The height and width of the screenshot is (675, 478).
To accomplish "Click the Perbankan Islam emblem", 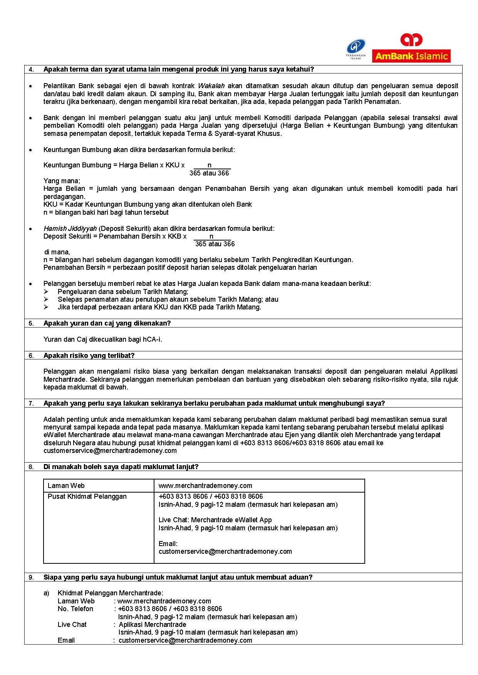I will (x=356, y=49).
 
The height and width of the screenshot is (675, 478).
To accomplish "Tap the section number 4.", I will (x=31, y=70).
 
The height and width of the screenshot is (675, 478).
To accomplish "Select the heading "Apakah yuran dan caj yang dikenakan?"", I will (x=107, y=323).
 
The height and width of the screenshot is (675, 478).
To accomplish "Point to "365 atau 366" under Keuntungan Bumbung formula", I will (x=209, y=173).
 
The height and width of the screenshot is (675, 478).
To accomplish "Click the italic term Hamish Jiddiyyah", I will (x=70, y=229).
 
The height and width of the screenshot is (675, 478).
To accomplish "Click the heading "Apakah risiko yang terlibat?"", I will (x=89, y=356).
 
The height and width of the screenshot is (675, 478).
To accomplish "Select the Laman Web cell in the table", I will (x=66, y=486).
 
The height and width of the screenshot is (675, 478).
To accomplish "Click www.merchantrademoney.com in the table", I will (x=205, y=486).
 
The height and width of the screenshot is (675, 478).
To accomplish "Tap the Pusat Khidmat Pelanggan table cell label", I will (x=87, y=496).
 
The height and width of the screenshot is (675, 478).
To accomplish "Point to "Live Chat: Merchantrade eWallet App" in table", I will (x=215, y=520).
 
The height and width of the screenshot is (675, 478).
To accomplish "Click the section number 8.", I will (x=31, y=467).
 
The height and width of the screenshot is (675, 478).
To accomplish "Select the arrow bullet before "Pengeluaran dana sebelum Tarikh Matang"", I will (x=46, y=292).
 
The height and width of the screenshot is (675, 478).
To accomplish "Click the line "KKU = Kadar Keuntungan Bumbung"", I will (x=148, y=204).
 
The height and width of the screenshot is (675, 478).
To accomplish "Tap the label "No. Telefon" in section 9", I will (x=75, y=609).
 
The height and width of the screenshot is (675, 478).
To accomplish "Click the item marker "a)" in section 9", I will (x=47, y=593).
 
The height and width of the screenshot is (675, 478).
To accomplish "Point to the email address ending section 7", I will (x=110, y=451).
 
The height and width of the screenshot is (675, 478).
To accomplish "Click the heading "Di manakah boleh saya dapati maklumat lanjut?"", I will (x=121, y=467).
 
